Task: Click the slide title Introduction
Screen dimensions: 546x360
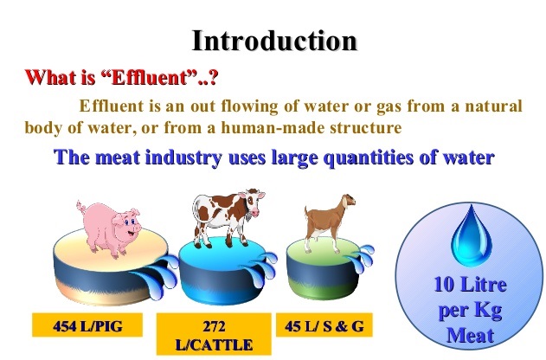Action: [274, 41]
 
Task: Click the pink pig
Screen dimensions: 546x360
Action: [110, 228]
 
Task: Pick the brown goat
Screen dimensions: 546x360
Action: [328, 222]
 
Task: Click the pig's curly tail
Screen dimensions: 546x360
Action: [81, 207]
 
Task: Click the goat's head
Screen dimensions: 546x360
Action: [348, 201]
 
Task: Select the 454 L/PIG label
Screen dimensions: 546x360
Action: [87, 325]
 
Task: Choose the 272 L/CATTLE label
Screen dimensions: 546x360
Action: [214, 334]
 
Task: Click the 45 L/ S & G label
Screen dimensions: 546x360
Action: [324, 325]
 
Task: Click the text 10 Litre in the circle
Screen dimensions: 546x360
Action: [471, 285]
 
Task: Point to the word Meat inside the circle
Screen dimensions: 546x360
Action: [471, 335]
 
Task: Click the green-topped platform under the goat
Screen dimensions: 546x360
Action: [322, 268]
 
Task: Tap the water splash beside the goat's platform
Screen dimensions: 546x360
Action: [361, 260]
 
